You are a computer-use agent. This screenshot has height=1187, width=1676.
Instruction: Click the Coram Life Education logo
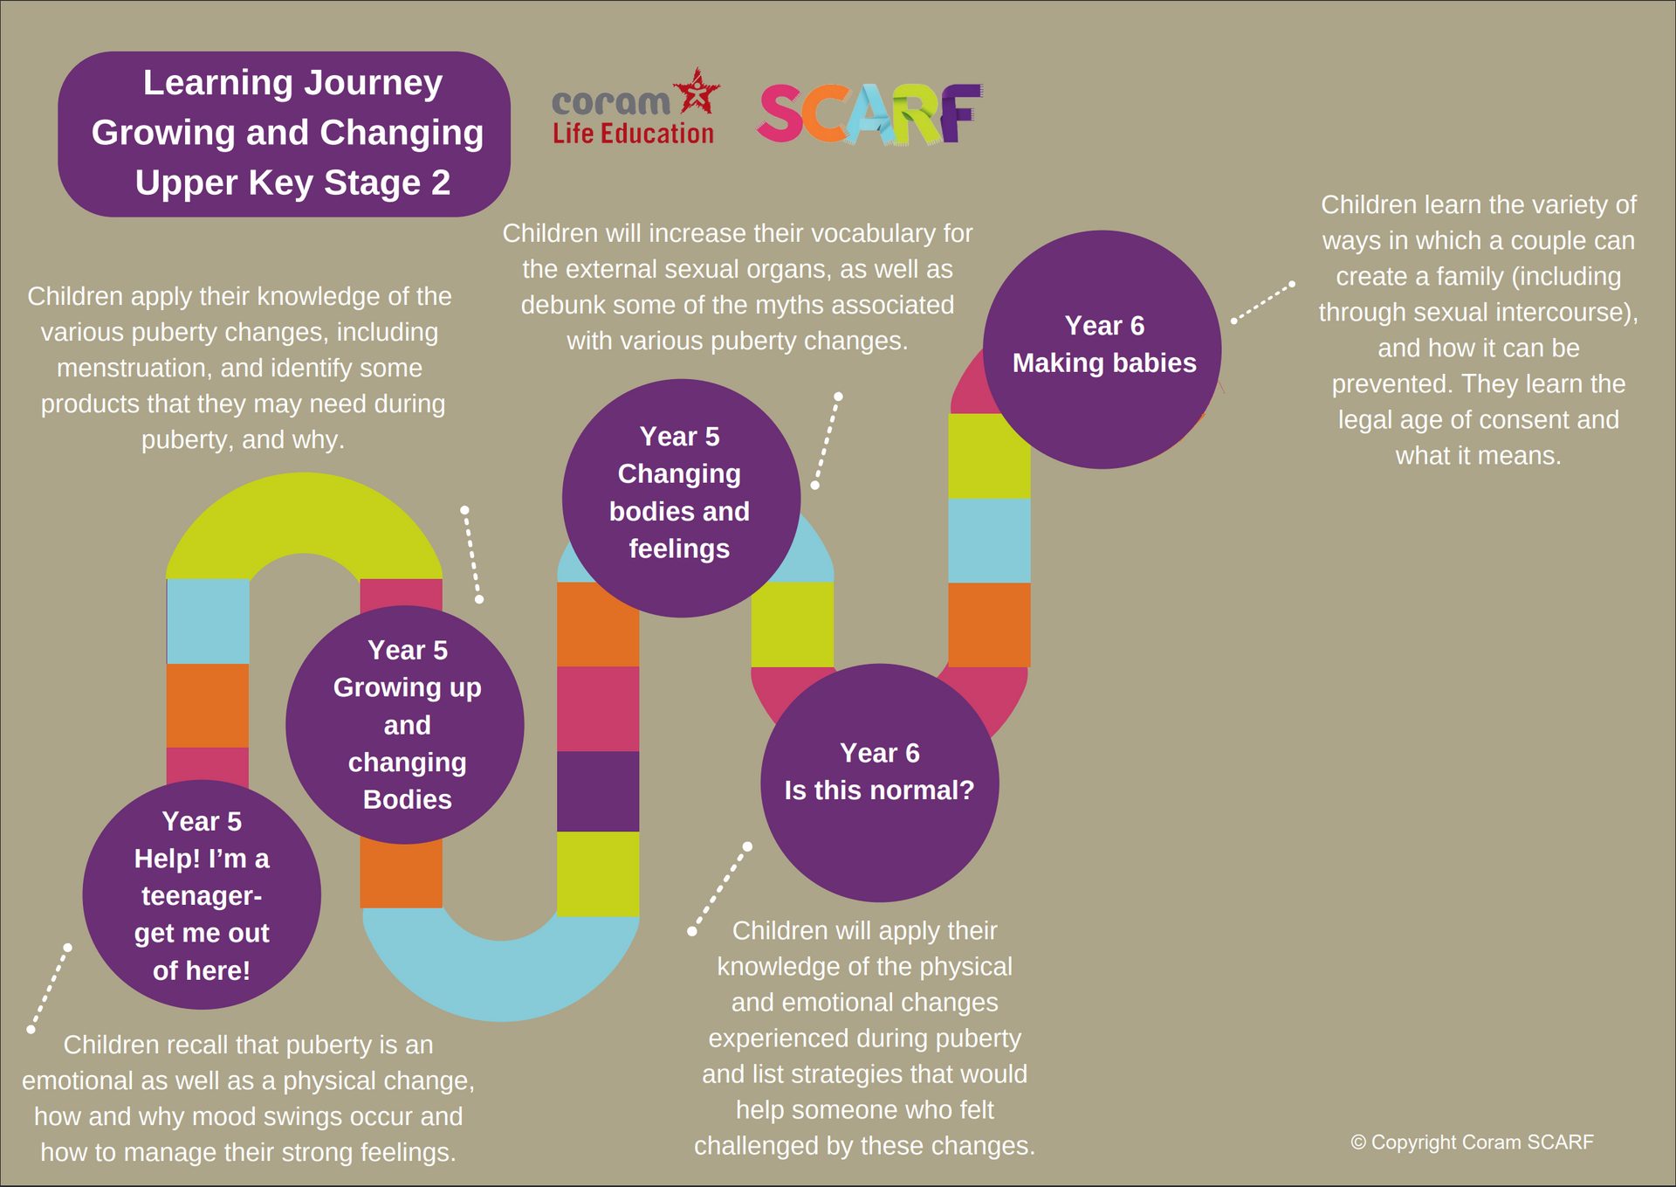635,107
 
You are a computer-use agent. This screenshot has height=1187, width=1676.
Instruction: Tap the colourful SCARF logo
869,114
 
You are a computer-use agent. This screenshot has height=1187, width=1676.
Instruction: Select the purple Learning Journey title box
285,134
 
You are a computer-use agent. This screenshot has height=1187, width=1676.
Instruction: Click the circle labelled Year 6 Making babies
1102,349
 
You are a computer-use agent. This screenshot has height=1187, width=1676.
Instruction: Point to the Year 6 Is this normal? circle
880,783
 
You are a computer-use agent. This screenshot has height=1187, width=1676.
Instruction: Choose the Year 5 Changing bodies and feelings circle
681,498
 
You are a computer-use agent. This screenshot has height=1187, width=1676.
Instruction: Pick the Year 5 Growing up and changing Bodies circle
405,725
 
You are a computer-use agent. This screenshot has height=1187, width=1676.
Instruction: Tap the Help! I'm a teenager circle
202,894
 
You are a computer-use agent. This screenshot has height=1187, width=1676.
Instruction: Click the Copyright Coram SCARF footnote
1472,1142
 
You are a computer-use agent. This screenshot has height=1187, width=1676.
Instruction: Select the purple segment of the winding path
598,791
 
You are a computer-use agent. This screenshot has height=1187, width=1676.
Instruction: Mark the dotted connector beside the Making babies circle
1262,302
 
